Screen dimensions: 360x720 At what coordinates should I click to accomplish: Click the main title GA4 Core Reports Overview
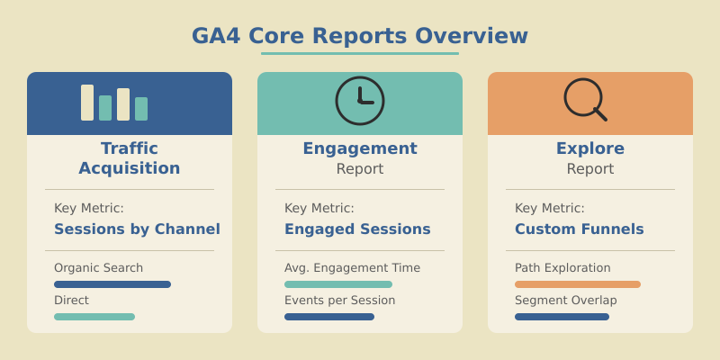pyautogui.click(x=360, y=36)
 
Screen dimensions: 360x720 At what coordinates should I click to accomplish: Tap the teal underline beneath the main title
pyautogui.click(x=360, y=53)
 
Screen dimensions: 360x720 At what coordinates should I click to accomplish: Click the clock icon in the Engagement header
pyautogui.click(x=360, y=101)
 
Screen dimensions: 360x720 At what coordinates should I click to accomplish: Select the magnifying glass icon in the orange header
pyautogui.click(x=585, y=99)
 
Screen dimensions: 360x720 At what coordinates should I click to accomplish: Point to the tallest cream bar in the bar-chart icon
pyautogui.click(x=87, y=103)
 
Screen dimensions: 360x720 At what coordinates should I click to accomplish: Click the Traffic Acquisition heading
pyautogui.click(x=130, y=158)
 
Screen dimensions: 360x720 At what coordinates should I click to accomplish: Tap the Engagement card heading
pyautogui.click(x=360, y=148)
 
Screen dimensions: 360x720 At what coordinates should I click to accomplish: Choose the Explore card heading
pyautogui.click(x=590, y=148)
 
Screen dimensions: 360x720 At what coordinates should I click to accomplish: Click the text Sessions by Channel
pyautogui.click(x=137, y=229)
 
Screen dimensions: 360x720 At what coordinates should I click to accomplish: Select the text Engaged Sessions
pyautogui.click(x=357, y=229)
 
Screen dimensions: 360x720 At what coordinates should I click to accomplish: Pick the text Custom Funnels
pyautogui.click(x=580, y=229)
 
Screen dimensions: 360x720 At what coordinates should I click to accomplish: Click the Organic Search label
pyautogui.click(x=98, y=267)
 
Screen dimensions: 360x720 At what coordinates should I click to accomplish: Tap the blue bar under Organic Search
pyautogui.click(x=112, y=284)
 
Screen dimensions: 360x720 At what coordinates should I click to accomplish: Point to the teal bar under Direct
pyautogui.click(x=94, y=317)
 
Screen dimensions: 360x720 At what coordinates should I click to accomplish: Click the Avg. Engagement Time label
pyautogui.click(x=352, y=267)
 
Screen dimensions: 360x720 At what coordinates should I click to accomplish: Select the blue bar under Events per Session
pyautogui.click(x=329, y=317)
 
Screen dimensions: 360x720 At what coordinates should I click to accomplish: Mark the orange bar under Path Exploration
pyautogui.click(x=578, y=284)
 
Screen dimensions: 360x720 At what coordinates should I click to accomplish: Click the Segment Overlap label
pyautogui.click(x=566, y=300)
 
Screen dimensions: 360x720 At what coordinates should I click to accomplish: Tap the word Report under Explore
pyautogui.click(x=590, y=169)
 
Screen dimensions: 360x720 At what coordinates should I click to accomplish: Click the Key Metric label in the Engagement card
pyautogui.click(x=319, y=208)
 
